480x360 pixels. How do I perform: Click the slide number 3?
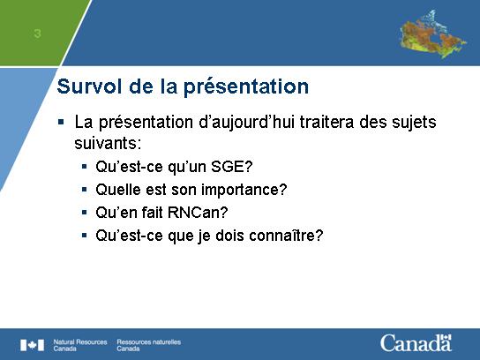[37, 33]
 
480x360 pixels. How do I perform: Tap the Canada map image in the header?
[433, 34]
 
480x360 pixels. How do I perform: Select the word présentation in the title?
[246, 87]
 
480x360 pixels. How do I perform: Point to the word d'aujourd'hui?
[246, 123]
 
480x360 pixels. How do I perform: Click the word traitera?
[326, 122]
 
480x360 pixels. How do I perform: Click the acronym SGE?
[231, 167]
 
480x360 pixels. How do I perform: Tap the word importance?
[244, 190]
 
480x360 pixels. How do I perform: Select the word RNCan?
[198, 213]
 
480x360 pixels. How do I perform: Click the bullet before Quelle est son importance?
[85, 190]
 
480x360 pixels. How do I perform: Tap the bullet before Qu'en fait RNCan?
[85, 213]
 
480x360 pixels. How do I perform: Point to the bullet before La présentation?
[61, 123]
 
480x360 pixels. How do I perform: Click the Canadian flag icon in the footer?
[32, 345]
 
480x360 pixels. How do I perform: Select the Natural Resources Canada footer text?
[80, 345]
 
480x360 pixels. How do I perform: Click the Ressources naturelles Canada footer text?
[149, 345]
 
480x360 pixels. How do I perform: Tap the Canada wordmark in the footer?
[416, 343]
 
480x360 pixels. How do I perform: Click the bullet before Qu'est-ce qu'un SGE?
[85, 167]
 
